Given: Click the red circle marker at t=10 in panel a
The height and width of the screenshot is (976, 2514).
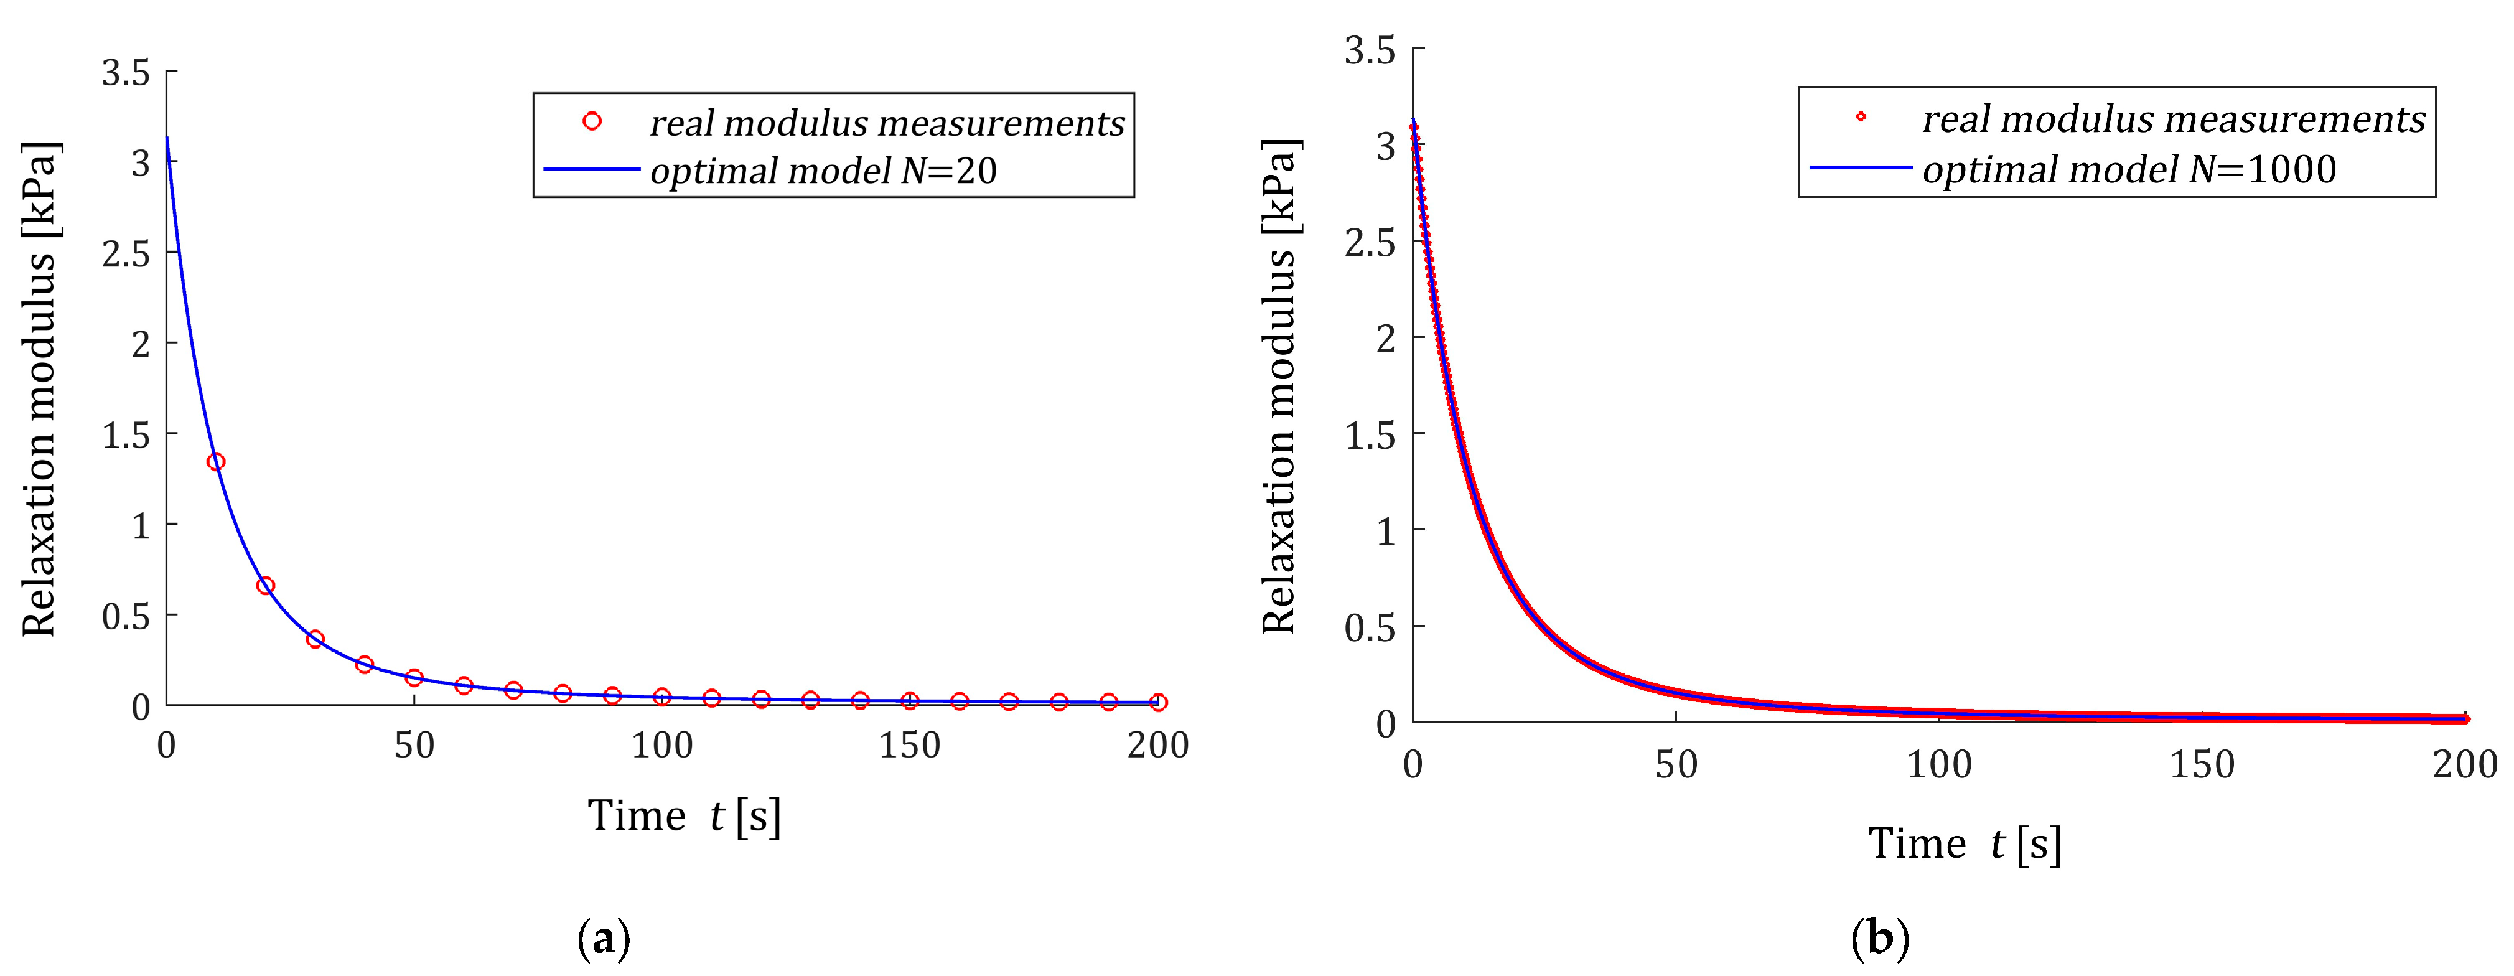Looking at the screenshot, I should coord(217,462).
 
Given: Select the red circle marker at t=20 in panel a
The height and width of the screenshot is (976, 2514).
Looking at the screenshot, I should coord(266,586).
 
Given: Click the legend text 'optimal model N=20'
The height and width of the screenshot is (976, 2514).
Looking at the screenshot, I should coord(823,171).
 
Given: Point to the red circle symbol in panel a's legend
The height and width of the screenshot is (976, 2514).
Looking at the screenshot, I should coord(591,121).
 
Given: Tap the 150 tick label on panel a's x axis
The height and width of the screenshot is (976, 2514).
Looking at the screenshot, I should coord(910,746).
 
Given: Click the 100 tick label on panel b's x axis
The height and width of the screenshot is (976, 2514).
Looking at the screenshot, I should coord(1939,764).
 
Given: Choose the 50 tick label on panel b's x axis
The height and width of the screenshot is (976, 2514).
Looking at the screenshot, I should coord(1676,764).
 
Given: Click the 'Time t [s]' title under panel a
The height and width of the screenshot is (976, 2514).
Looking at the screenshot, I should coord(684,816).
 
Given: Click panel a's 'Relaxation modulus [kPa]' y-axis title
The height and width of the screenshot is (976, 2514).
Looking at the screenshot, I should coord(41,388).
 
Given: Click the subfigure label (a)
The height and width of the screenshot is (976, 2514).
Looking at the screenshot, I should coord(604,939).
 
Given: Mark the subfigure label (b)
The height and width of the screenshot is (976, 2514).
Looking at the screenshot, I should coord(1880,939).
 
